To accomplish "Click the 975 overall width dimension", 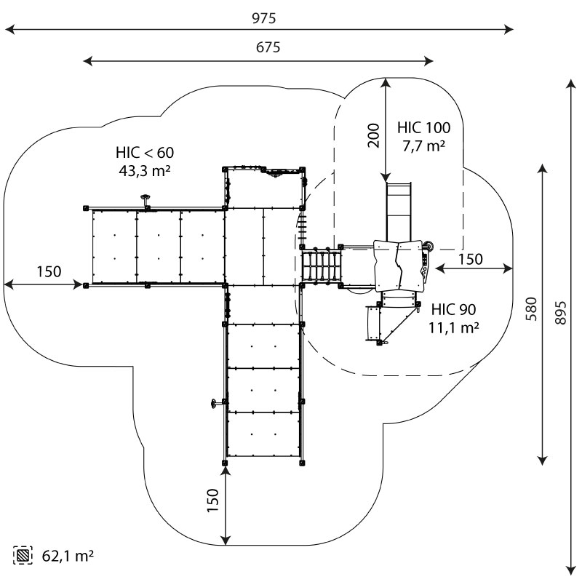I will tap(260, 18).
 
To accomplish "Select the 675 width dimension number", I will tap(260, 48).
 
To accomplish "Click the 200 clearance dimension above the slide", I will tap(373, 135).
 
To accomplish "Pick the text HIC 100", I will tap(423, 128).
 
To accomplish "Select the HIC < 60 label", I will tap(145, 153).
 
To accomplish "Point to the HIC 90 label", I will tap(453, 309).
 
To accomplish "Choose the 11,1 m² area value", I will tap(453, 327).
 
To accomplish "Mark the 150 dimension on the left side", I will tap(49, 271).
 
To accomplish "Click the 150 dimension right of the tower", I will tap(470, 259).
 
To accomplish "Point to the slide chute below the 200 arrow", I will tap(398, 211).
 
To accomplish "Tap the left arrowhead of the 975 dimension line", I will tap(9, 30).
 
